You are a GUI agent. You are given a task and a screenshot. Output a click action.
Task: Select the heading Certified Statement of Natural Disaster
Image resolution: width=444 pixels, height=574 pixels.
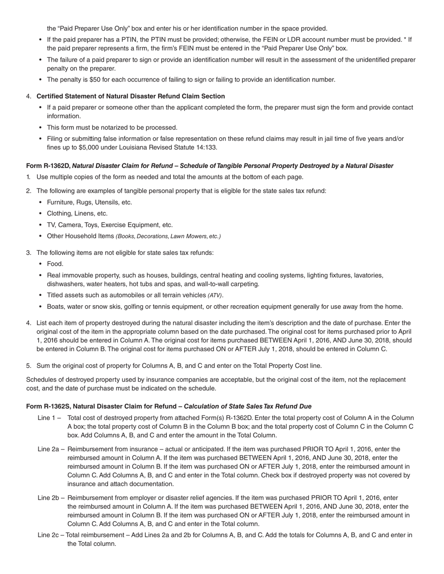click(130, 96)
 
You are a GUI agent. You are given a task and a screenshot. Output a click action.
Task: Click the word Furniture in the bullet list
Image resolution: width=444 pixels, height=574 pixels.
click(61, 202)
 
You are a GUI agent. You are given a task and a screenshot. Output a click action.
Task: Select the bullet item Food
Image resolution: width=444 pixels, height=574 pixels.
click(55, 264)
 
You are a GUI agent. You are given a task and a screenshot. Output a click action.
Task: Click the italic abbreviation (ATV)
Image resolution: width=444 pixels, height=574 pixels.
click(215, 295)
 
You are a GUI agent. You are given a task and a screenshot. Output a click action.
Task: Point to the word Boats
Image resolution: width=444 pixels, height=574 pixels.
click(56, 307)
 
